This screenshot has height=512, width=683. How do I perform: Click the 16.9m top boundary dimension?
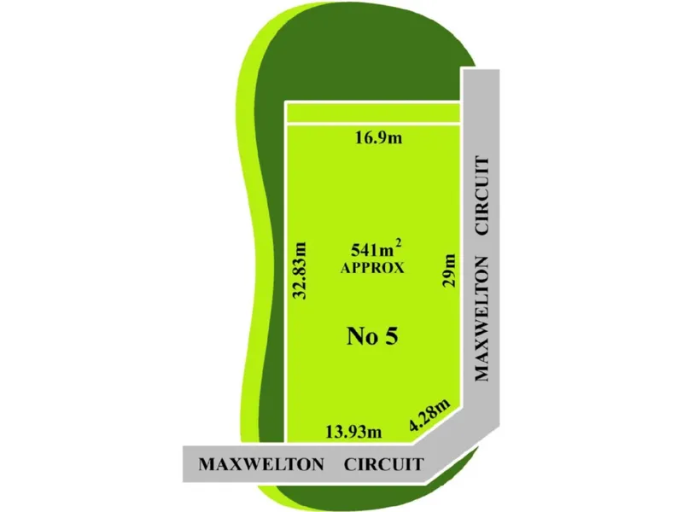(378, 138)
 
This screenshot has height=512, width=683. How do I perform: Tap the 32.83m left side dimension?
(300, 270)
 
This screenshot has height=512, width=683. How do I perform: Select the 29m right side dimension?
(449, 271)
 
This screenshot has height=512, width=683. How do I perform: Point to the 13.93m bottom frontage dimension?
(353, 432)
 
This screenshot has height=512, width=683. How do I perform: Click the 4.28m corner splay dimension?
(429, 416)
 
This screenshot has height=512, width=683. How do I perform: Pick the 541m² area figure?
(376, 249)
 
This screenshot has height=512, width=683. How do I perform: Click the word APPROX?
(372, 268)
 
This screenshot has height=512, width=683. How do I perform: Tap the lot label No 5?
(372, 336)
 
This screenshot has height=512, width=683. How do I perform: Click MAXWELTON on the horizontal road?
(261, 464)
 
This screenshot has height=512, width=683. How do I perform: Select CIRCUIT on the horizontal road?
(383, 464)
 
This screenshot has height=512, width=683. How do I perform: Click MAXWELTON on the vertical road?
(482, 318)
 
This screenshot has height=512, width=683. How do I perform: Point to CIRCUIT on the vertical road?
(482, 195)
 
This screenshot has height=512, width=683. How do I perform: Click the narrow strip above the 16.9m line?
(373, 113)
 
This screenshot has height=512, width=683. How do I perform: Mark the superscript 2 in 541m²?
(398, 246)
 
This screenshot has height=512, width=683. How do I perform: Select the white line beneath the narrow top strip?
(373, 124)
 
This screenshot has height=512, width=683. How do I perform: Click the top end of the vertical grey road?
(481, 70)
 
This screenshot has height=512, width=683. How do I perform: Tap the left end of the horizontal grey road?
(184, 463)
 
